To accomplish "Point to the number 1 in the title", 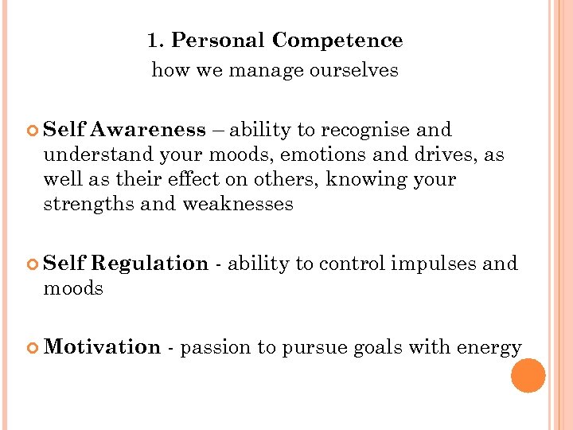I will point(153,41).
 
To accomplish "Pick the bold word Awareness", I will point(148,130).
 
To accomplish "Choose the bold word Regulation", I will point(150,264).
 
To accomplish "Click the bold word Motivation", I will point(103,347).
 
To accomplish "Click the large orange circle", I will point(528,376).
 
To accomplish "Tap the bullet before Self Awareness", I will point(33,131).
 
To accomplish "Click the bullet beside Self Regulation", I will point(33,264).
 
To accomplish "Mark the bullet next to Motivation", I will point(33,348).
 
